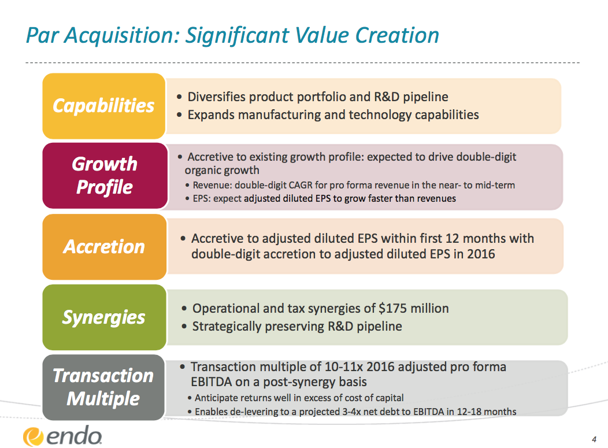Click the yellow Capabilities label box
[104, 106]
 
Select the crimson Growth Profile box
[105, 176]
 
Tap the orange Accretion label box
[104, 247]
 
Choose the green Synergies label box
[104, 317]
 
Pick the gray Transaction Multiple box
[103, 387]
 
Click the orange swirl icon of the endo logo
[33, 437]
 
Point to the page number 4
[594, 439]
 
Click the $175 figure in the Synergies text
[392, 308]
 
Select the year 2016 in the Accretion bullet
[481, 254]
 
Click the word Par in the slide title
[43, 35]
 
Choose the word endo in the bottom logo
[74, 435]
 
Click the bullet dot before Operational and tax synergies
[184, 309]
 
